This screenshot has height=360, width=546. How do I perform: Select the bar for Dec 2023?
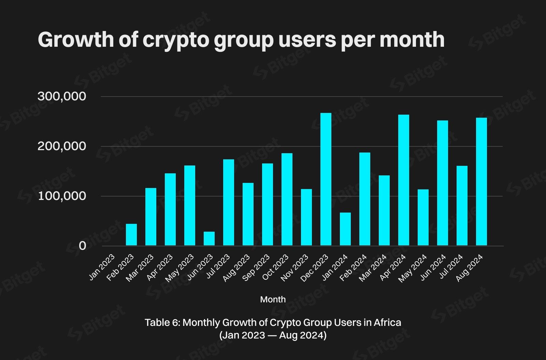click(326, 179)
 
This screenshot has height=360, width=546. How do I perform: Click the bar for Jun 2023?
click(209, 239)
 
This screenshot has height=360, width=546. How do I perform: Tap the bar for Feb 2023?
click(131, 234)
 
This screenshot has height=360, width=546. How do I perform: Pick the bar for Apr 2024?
click(404, 180)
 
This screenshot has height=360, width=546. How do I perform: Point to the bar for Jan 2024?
click(345, 229)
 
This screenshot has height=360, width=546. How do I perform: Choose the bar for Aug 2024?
click(482, 182)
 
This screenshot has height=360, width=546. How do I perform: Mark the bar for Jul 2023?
click(229, 202)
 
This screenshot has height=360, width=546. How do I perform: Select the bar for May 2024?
click(423, 217)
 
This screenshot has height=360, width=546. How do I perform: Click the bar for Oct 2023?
click(287, 199)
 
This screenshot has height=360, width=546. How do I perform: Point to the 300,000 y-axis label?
click(62, 96)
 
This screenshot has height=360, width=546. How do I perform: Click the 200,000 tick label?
click(62, 146)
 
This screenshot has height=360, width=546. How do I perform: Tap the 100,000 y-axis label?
click(62, 196)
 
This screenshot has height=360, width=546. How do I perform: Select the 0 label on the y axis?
click(83, 246)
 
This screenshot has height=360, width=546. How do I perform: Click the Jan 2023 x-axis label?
click(102, 267)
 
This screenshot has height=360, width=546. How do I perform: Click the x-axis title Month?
click(273, 299)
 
